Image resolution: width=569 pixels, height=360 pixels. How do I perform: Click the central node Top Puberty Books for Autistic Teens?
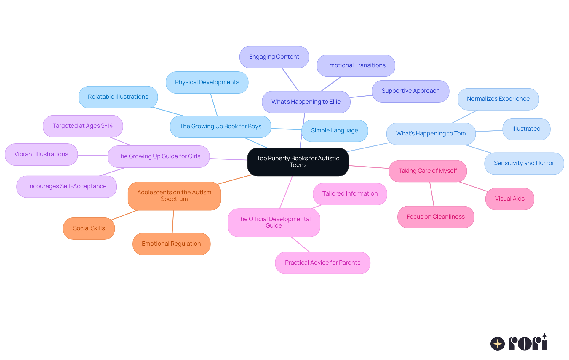point(298,162)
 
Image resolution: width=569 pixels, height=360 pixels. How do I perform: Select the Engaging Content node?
point(274,57)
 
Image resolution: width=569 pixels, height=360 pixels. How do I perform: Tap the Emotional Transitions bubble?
point(356,65)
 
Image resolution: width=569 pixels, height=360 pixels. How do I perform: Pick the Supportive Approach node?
point(410,91)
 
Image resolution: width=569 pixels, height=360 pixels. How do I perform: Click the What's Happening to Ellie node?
point(306,102)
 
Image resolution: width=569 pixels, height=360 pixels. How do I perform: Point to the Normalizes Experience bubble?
point(498,99)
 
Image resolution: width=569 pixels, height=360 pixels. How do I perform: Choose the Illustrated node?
point(526,129)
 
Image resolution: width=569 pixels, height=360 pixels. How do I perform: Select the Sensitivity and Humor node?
point(524,163)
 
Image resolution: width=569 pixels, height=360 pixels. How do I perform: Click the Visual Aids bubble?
point(510,199)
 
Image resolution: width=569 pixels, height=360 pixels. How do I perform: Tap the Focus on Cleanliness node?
point(436,217)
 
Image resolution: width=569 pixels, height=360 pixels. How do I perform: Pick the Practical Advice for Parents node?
point(322,263)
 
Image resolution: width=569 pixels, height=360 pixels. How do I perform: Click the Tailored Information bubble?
point(350,194)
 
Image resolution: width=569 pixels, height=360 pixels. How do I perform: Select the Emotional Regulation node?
point(171,244)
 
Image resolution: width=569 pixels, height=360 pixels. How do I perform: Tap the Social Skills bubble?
point(89,228)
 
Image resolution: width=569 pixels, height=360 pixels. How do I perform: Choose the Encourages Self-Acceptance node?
point(66,186)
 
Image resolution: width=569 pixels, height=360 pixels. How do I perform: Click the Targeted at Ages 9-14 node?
point(83,126)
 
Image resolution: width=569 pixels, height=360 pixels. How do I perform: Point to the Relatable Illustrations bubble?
point(118,97)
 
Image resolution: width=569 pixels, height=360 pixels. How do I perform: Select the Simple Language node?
point(335,131)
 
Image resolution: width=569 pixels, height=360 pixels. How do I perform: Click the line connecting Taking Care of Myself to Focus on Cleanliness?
point(432,194)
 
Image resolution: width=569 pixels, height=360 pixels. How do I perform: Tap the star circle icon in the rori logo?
point(498,344)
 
